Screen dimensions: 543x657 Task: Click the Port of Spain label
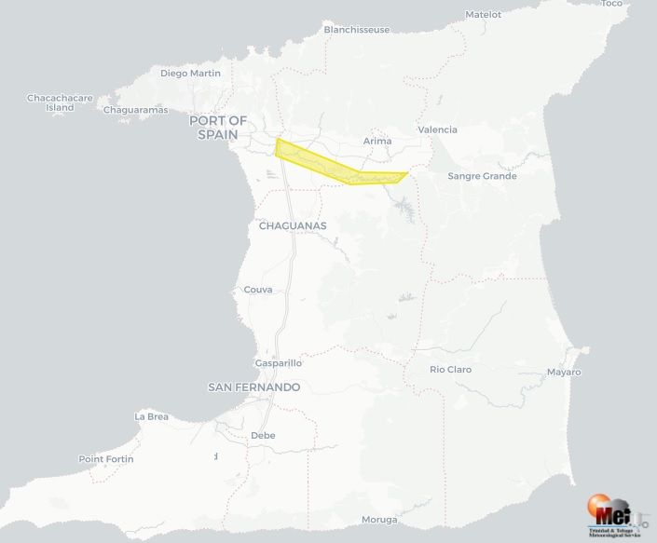[x=218, y=128]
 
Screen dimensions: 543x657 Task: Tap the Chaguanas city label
[x=293, y=225]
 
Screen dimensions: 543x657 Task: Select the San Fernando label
[x=253, y=387]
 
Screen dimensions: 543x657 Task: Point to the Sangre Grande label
[x=482, y=176]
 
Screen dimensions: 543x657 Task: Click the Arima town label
[x=377, y=141]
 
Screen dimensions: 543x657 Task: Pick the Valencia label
[x=438, y=129]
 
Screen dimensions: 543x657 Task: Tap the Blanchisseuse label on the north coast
[x=357, y=30]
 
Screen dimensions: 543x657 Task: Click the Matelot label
[x=483, y=14]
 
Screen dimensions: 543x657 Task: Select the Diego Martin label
[x=190, y=73]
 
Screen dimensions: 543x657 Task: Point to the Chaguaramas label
[x=135, y=110]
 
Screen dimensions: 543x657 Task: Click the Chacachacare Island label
[x=60, y=102]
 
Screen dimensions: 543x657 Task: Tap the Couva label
[x=258, y=290]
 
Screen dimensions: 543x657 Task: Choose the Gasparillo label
[x=278, y=363]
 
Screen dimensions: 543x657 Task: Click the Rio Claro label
[x=450, y=370]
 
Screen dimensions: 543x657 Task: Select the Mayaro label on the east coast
[x=564, y=373]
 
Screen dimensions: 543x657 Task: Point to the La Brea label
[x=152, y=416]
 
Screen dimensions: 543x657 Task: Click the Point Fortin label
[x=106, y=459]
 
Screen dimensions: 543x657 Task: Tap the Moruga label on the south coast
[x=379, y=520]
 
